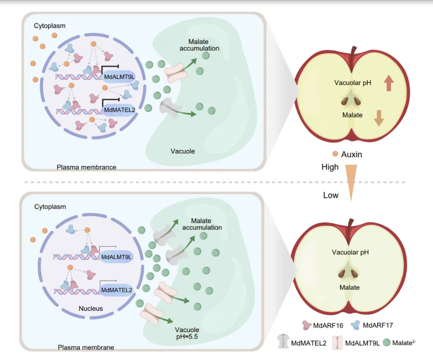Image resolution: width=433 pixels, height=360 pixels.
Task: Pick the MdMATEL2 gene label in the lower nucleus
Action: pyautogui.click(x=116, y=289)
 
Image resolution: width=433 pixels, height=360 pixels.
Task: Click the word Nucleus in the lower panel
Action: pyautogui.click(x=91, y=309)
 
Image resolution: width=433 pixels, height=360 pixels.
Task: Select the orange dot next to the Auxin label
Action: pyautogui.click(x=334, y=154)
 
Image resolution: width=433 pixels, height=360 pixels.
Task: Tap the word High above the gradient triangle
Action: pyautogui.click(x=330, y=167)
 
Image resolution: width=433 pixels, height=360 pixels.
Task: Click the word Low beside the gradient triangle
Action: pyautogui.click(x=331, y=196)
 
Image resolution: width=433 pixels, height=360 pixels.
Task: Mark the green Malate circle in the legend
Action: pyautogui.click(x=386, y=343)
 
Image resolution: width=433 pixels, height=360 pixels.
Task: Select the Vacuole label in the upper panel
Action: pyautogui.click(x=182, y=151)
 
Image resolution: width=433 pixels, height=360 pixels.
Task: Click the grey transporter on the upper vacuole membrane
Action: pyautogui.click(x=170, y=109)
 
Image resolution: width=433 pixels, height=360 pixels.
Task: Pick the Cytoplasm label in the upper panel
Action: pyautogui.click(x=50, y=26)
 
